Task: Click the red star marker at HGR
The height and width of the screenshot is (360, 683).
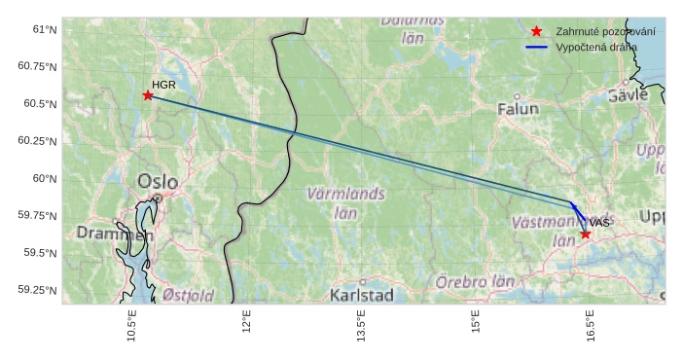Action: point(148,95)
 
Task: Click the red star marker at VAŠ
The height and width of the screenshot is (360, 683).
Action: point(586,234)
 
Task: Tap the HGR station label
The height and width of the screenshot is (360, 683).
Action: point(163,86)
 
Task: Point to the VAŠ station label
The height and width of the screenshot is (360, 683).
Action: point(599,224)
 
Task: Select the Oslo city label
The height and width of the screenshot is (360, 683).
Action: point(158,181)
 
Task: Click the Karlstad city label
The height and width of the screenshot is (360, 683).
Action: point(361,294)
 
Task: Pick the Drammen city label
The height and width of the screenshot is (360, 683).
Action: point(115,234)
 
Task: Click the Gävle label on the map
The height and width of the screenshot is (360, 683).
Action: point(628,95)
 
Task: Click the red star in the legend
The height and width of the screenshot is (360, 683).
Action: point(536,31)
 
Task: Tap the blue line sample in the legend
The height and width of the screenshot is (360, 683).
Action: point(536,47)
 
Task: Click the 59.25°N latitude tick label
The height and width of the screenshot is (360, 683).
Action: point(38,290)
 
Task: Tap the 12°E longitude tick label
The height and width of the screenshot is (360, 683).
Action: point(246,323)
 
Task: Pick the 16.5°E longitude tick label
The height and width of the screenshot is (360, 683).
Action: point(590,325)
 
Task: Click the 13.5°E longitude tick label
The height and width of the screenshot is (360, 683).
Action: point(361,325)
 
